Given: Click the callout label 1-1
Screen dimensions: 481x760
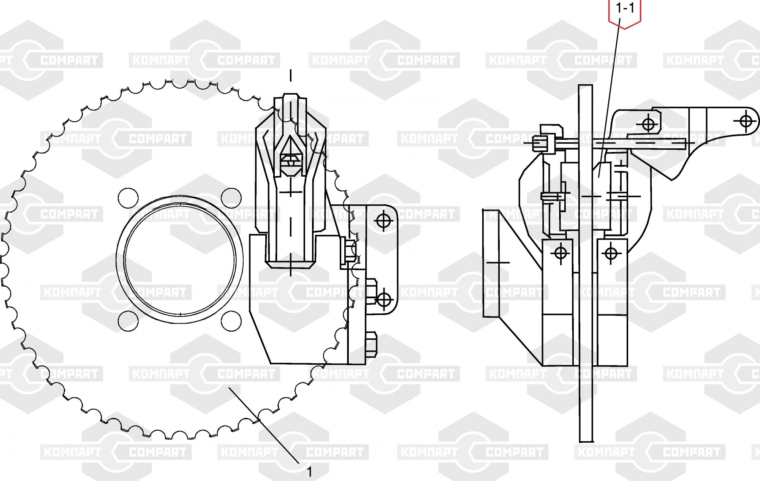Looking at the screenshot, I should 625,8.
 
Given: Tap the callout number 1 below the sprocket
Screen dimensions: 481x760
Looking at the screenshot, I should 309,472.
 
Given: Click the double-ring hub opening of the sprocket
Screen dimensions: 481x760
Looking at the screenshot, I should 180,259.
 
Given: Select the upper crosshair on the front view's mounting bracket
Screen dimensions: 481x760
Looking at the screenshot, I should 383,220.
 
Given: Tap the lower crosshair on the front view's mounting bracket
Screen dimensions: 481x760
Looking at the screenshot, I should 385,299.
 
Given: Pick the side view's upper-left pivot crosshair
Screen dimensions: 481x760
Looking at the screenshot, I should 649,124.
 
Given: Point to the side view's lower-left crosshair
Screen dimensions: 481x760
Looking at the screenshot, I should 561,252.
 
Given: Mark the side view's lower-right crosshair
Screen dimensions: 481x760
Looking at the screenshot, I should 611,253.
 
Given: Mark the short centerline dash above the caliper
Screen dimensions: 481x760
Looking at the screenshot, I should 291,75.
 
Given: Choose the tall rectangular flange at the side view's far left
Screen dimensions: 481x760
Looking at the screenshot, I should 491,263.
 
